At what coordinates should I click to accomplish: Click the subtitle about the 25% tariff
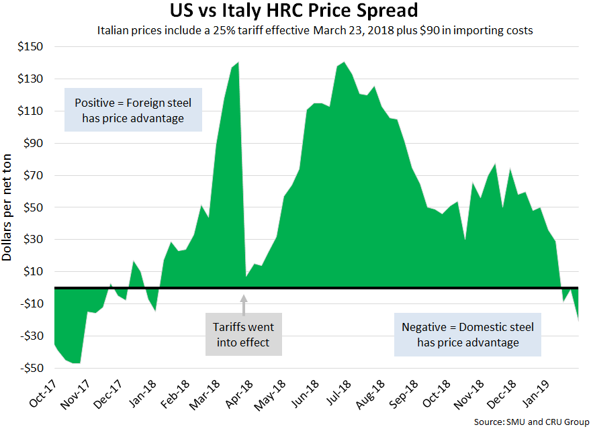(x=315, y=31)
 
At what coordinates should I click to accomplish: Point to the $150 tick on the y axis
(x=30, y=47)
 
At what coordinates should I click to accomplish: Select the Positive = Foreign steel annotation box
(x=132, y=111)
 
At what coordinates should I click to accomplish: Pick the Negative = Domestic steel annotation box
(x=468, y=334)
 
